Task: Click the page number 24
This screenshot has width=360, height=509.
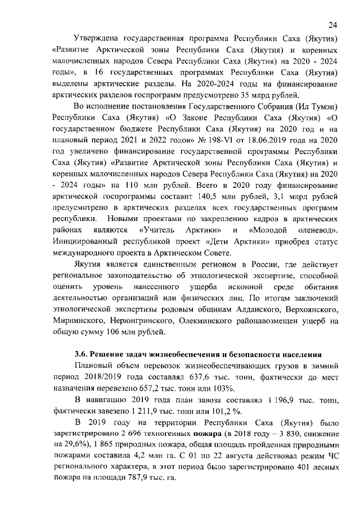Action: coord(332,25)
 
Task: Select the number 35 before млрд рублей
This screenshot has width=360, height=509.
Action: coord(253,94)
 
